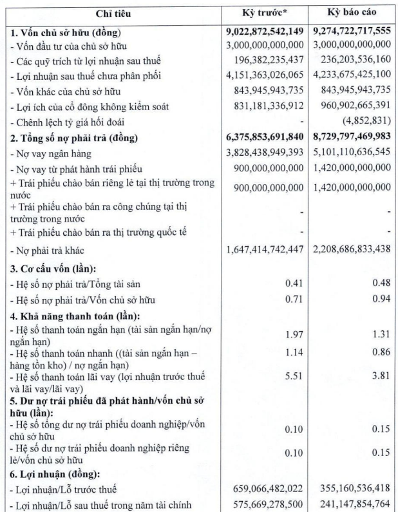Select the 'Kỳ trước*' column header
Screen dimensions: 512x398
click(x=263, y=13)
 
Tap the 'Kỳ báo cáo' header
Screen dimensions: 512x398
click(x=352, y=13)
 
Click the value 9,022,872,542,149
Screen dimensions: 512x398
click(x=263, y=31)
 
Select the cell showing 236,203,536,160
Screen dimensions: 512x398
click(x=352, y=61)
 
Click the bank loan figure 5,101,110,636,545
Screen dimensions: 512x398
click(x=352, y=154)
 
